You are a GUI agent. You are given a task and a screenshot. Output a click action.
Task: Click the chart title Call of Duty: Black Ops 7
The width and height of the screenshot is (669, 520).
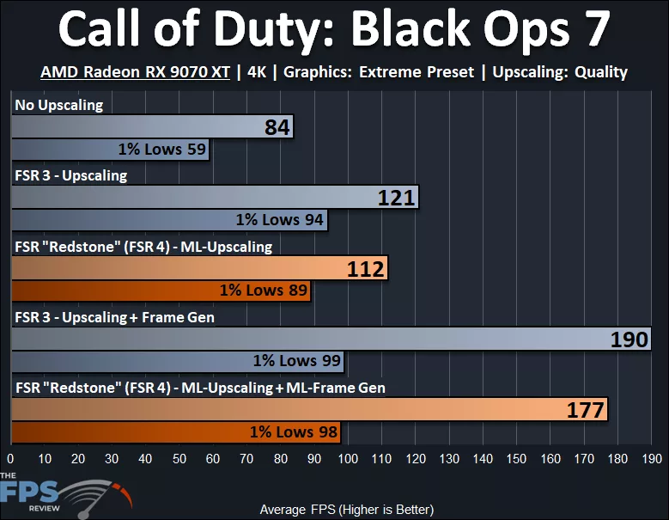pos(334,31)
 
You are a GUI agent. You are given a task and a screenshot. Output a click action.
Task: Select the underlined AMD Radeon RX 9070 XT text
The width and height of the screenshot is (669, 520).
pos(135,72)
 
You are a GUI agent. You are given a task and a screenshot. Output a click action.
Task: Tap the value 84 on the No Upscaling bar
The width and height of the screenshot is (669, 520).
pos(277,128)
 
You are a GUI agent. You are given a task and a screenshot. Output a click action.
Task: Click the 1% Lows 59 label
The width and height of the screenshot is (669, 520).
pos(162,150)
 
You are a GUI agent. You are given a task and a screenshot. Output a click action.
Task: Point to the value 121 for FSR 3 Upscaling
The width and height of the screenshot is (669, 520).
pos(397,199)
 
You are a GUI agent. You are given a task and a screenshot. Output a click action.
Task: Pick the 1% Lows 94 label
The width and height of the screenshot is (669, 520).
pos(279,220)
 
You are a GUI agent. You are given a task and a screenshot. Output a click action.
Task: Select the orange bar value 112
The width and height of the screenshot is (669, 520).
pos(367,269)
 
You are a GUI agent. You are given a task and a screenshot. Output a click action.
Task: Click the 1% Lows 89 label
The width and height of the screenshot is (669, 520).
pos(263,291)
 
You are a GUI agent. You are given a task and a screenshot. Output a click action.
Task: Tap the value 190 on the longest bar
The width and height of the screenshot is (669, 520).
pos(629,340)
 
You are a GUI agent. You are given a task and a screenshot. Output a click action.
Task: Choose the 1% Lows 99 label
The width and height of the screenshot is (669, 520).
pos(296,361)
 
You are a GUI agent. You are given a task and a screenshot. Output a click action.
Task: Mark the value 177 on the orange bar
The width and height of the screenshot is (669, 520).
pos(587,410)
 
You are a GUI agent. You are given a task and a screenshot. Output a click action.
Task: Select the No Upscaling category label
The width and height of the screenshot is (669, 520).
pos(58,106)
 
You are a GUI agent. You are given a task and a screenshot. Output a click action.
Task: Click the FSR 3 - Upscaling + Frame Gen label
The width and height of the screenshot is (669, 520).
pos(114,317)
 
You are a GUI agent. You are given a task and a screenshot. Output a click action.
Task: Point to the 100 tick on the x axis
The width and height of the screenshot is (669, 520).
pos(348,458)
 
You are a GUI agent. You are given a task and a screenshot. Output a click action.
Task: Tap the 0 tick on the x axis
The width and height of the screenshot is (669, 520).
pos(11,458)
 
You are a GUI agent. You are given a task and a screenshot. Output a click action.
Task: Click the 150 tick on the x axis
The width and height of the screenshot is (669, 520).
pos(517,458)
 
